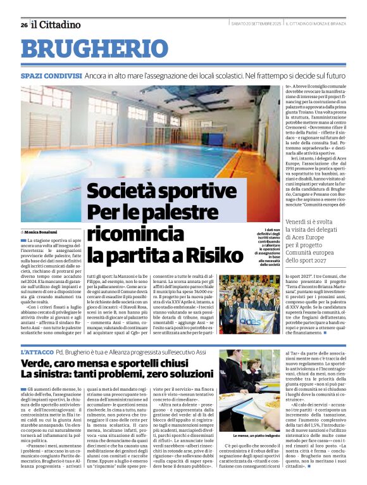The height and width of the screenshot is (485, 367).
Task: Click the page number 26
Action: [23, 25]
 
